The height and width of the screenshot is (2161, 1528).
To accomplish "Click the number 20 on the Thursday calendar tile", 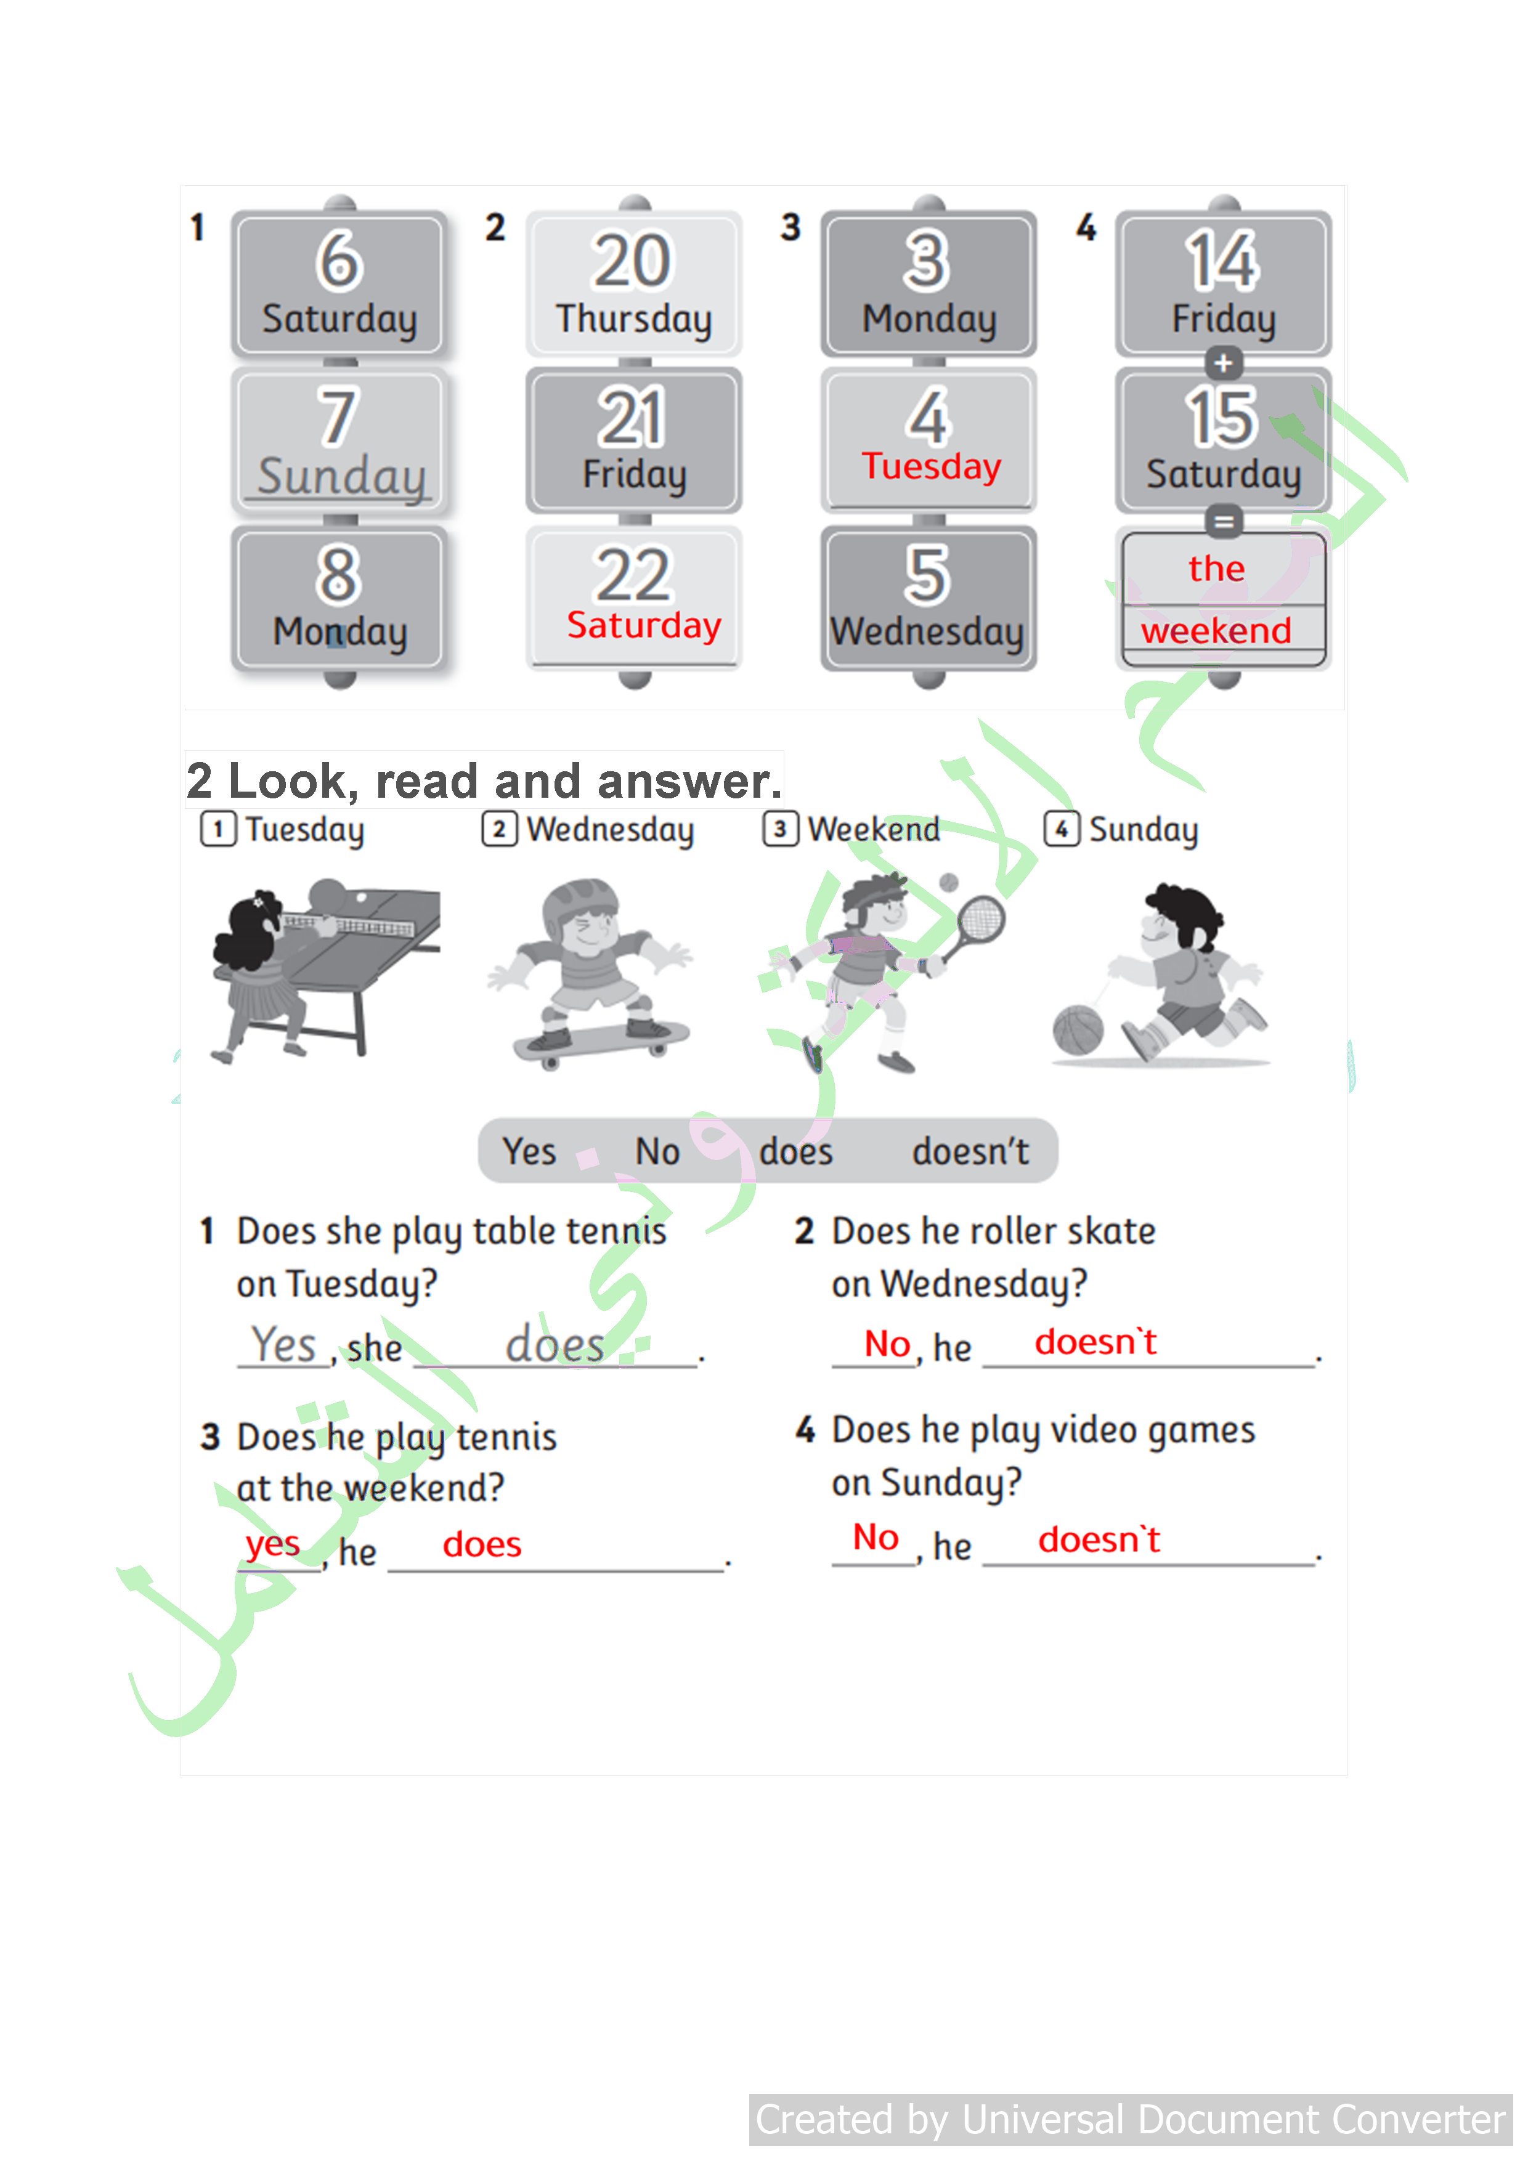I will tap(632, 261).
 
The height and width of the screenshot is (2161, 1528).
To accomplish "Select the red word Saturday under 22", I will tap(644, 626).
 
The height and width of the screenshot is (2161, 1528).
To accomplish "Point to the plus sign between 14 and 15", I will tap(1223, 362).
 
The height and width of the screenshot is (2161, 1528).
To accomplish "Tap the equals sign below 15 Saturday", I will tap(1223, 521).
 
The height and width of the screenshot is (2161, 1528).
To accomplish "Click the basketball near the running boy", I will tap(1077, 1029).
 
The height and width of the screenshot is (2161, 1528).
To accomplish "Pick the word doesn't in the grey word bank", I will tap(970, 1151).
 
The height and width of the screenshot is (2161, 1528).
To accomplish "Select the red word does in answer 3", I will tap(482, 1544).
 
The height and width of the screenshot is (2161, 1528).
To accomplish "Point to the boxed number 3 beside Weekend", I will tap(779, 829).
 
